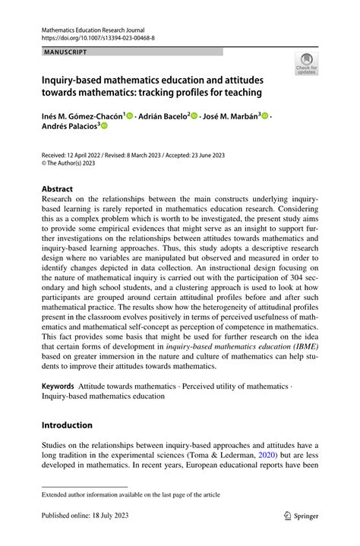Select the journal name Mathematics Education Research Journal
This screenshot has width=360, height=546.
coord(92,29)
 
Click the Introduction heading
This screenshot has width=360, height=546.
coord(67,424)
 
